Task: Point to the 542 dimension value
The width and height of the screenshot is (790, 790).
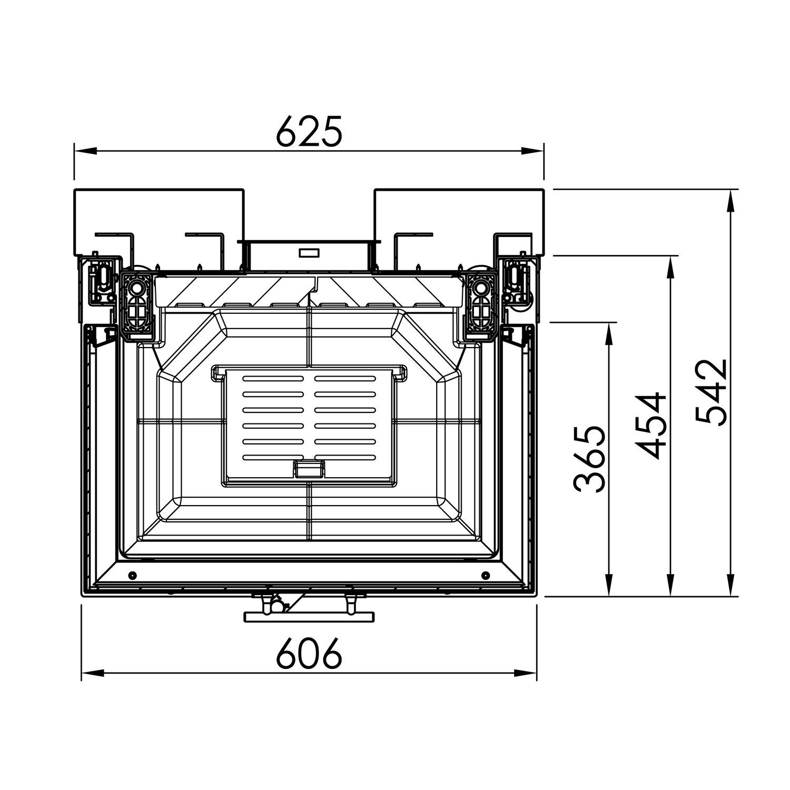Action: [x=712, y=392]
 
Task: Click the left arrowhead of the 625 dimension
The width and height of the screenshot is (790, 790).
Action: [x=85, y=151]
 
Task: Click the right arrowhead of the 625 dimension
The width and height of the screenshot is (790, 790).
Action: [x=532, y=151]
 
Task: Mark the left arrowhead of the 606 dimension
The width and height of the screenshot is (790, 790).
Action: [x=93, y=673]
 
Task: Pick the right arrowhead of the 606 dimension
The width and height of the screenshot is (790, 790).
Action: [x=525, y=673]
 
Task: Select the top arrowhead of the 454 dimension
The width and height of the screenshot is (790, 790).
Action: [x=670, y=268]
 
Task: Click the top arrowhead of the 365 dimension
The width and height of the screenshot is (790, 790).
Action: [x=609, y=334]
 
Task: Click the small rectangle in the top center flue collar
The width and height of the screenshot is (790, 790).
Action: [x=309, y=253]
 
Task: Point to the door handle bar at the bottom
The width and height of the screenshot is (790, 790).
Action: [x=309, y=617]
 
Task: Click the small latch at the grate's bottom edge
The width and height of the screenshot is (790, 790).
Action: [x=309, y=468]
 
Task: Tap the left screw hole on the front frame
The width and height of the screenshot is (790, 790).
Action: [x=132, y=574]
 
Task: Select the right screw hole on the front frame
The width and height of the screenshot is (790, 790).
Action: [x=485, y=574]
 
